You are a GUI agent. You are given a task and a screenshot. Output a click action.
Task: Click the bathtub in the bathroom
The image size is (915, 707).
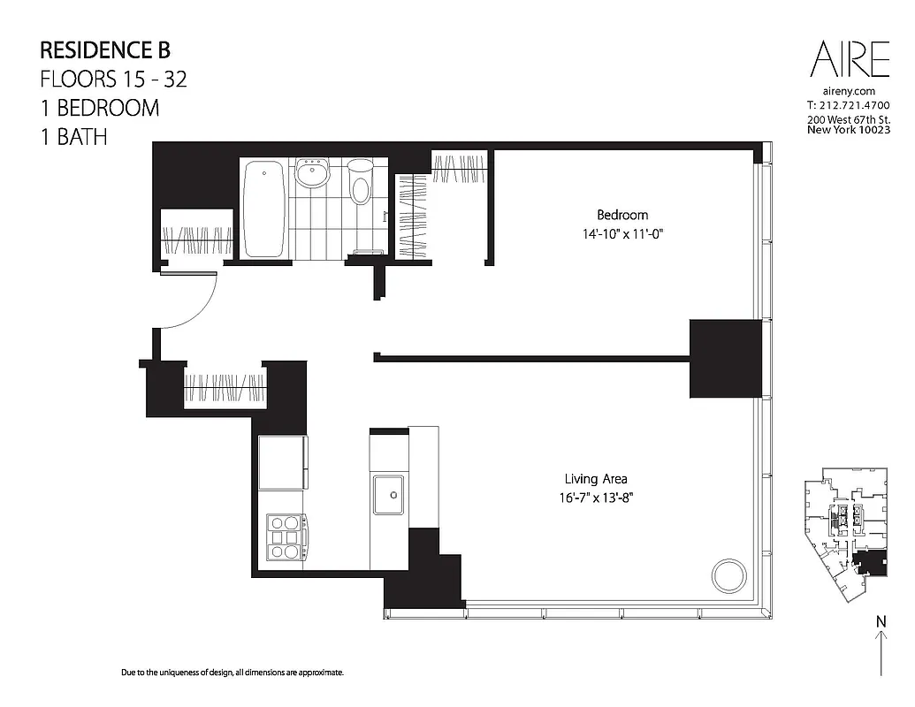tap(264, 209)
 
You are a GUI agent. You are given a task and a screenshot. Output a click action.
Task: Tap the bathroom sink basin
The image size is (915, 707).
tap(311, 173)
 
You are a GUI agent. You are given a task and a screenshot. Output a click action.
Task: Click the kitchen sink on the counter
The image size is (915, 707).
tap(387, 493)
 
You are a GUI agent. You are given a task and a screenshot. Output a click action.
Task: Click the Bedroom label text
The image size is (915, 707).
tap(621, 215)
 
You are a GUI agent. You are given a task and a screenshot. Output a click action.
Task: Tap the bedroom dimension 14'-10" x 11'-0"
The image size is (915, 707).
tap(621, 235)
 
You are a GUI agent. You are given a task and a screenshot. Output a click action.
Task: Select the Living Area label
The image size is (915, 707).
tap(596, 479)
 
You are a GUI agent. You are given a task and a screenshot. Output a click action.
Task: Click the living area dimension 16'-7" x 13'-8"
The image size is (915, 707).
tap(596, 498)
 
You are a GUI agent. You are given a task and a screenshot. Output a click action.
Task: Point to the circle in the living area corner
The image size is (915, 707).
tap(730, 575)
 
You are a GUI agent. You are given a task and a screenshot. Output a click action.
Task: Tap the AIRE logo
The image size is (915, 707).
tap(850, 60)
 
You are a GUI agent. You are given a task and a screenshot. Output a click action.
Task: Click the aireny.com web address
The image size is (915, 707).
tap(849, 91)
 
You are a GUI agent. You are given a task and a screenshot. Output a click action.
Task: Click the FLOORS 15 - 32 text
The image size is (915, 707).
tap(114, 79)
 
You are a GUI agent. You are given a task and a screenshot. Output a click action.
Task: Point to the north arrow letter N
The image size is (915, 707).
tap(881, 621)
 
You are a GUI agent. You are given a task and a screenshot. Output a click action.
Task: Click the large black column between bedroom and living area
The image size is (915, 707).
tap(725, 358)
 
